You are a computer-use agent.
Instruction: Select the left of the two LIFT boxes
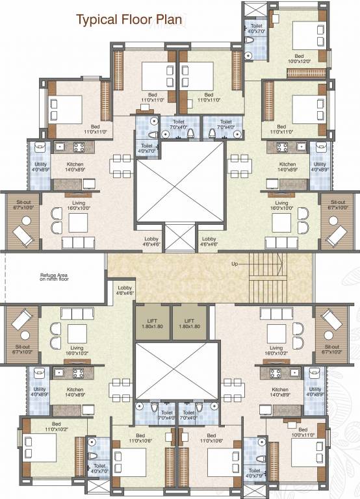pyautogui.click(x=153, y=323)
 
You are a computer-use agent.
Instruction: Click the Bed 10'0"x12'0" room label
pyautogui.click(x=299, y=58)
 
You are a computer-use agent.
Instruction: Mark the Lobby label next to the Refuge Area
pyautogui.click(x=125, y=290)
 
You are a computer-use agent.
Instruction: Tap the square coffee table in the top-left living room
pyautogui.click(x=79, y=222)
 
